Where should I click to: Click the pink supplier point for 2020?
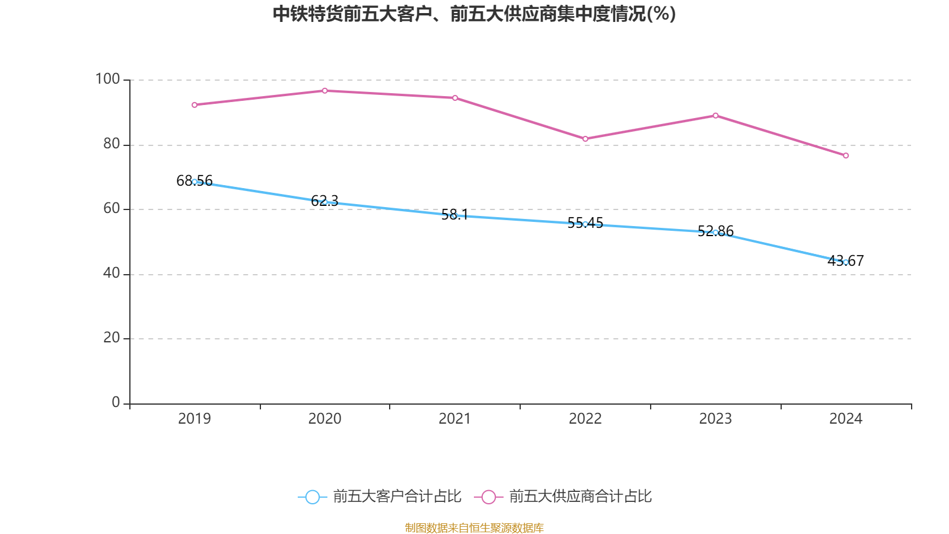click(324, 91)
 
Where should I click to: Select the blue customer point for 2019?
click(195, 182)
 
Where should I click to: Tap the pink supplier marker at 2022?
click(585, 139)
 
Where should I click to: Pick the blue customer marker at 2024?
click(846, 262)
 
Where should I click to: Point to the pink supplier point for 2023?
click(715, 116)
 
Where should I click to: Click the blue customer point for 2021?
click(454, 215)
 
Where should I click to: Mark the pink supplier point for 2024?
click(846, 156)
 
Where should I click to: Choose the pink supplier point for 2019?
click(195, 105)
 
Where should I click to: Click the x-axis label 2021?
click(454, 419)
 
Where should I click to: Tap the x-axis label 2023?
click(715, 419)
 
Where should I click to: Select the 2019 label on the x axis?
click(195, 419)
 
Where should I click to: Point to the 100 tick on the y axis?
click(107, 79)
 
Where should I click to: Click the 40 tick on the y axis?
click(112, 274)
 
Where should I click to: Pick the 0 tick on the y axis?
click(116, 403)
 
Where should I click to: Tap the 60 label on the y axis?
click(112, 209)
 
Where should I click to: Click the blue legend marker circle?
click(312, 497)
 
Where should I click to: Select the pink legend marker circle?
click(488, 497)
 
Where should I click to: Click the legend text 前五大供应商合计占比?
click(580, 497)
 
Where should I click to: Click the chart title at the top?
click(474, 14)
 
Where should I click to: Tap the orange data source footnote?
click(474, 528)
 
